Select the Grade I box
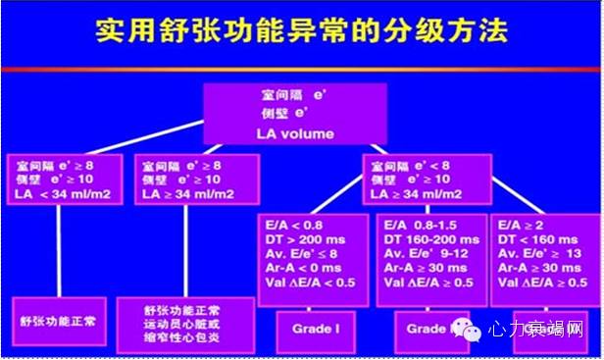tap(313, 329)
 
